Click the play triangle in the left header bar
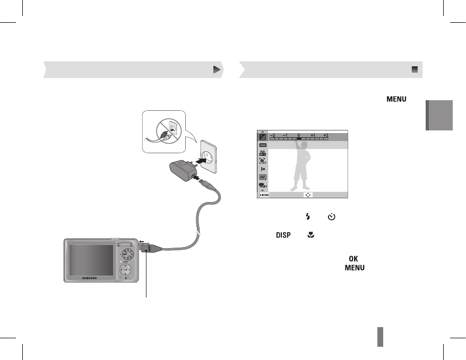point(216,69)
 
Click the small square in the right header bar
point(415,69)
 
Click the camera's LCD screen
point(90,258)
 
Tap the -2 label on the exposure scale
point(272,136)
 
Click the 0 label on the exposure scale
point(299,136)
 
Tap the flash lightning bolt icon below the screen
point(307,216)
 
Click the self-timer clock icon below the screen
point(332,216)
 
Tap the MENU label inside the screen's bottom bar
point(264,195)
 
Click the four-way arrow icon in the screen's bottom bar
point(308,195)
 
